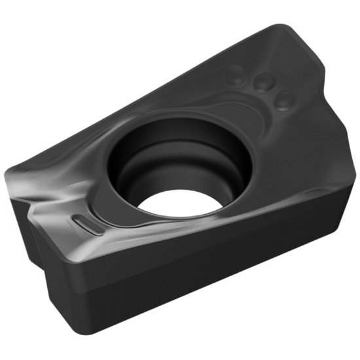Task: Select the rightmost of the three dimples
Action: coord(283,99)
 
